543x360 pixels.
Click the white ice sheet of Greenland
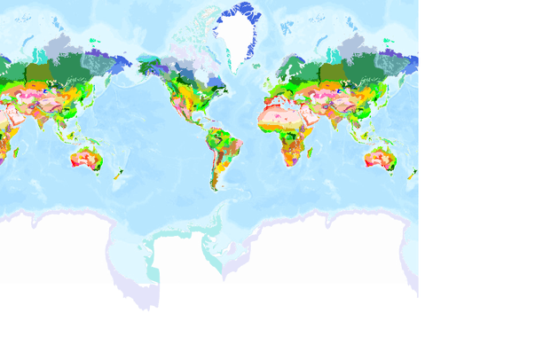tap(235, 35)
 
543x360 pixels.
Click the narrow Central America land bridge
tap(197, 129)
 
